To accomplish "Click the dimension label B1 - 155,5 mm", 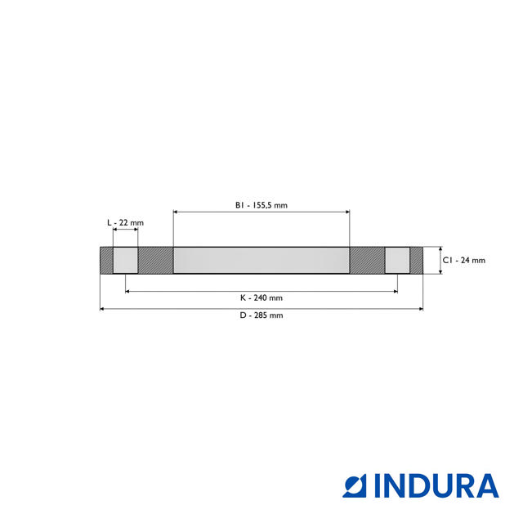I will click(x=261, y=205).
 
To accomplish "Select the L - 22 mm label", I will click(x=125, y=222).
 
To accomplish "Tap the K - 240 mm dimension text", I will click(x=261, y=297).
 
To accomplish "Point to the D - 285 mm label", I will click(x=261, y=315).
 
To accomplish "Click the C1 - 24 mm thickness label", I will click(x=463, y=261).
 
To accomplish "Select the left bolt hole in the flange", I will click(x=125, y=261).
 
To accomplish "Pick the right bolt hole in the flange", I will click(x=397, y=261).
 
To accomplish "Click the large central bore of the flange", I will click(x=261, y=261).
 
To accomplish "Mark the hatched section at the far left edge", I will click(x=106, y=261).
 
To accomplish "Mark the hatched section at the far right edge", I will click(x=416, y=261).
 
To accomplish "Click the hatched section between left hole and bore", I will click(x=155, y=261).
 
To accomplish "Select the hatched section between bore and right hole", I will click(x=367, y=261).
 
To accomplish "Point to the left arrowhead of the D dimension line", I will click(x=102, y=309).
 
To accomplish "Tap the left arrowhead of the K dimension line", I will click(x=127, y=291).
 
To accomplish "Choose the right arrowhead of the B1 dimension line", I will click(x=347, y=212).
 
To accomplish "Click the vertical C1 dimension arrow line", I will click(x=440, y=261).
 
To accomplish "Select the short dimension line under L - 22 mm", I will click(x=125, y=232).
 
